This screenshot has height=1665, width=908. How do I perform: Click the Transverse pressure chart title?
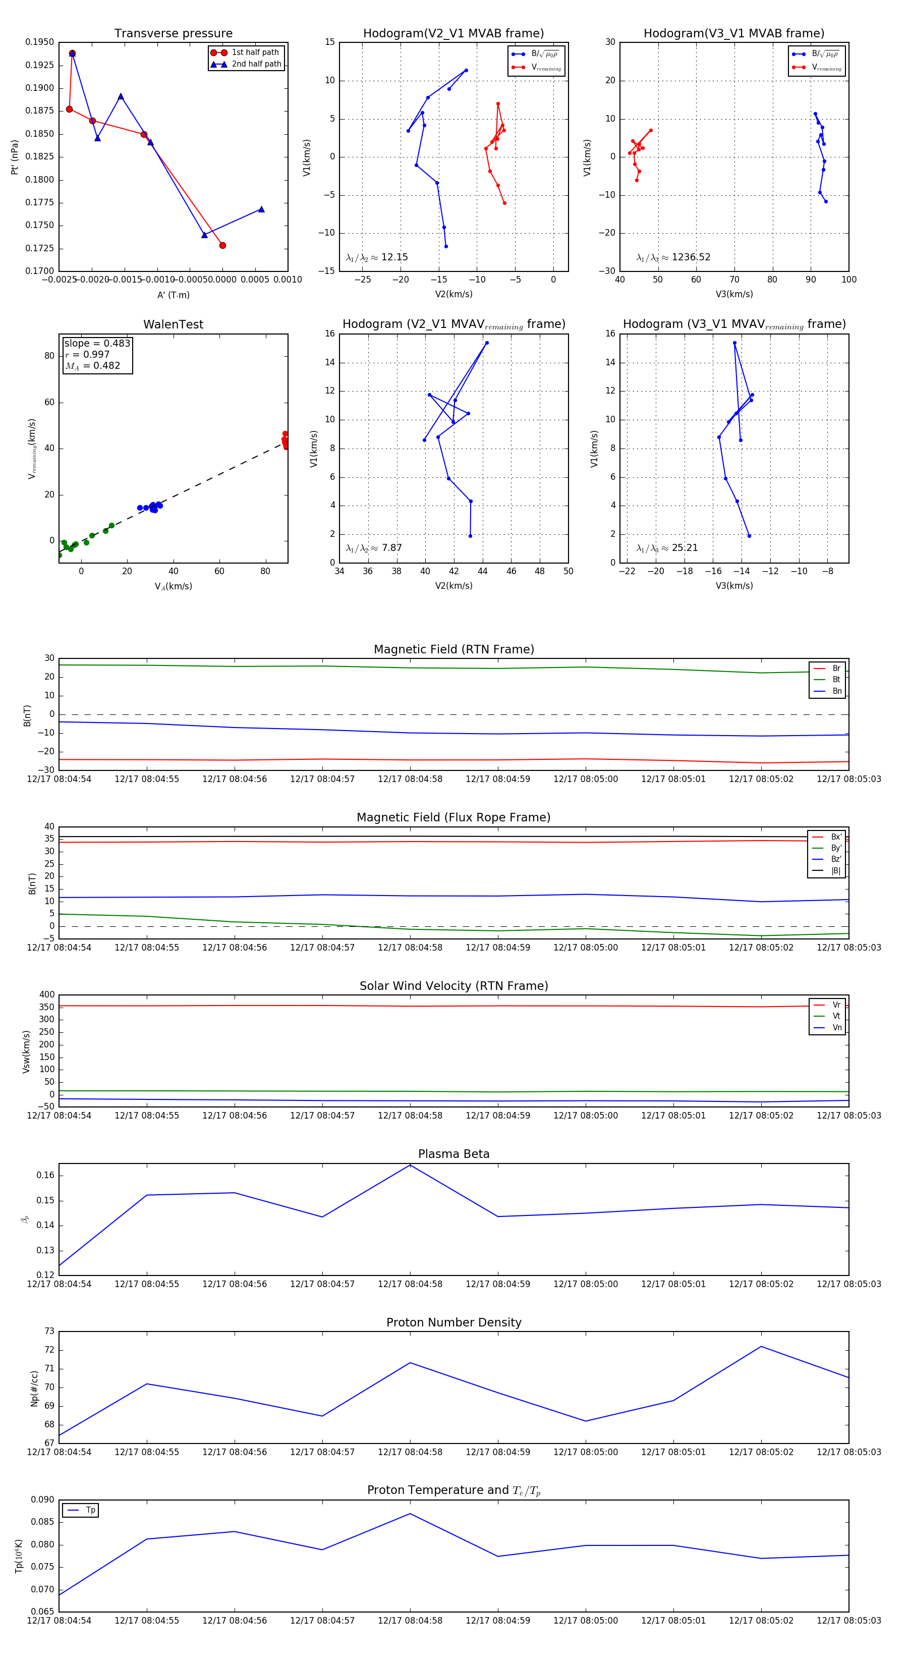[x=173, y=34]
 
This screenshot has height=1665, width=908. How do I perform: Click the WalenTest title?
[x=173, y=324]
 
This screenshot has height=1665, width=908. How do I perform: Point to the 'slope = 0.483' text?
[x=97, y=343]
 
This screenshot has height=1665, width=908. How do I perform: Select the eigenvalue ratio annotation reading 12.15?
[x=377, y=257]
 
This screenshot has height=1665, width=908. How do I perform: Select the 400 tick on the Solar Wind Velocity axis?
[x=46, y=995]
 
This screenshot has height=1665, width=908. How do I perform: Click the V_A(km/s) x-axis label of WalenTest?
[x=173, y=586]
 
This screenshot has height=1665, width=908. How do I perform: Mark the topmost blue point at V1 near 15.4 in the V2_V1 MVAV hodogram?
[x=487, y=343]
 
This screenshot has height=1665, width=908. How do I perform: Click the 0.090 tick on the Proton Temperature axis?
[x=43, y=1500]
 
